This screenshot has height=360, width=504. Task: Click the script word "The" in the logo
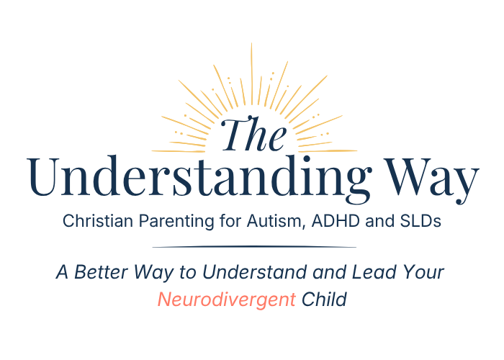tap(253, 135)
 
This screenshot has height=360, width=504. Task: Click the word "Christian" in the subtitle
tap(98, 221)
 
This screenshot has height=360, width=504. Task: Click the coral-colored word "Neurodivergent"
tap(226, 300)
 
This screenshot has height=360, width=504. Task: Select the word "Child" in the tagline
tap(324, 300)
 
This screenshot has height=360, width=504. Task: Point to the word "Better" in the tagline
tap(102, 272)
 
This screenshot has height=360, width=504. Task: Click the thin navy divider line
tap(254, 247)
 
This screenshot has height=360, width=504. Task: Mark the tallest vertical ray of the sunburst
tap(252, 73)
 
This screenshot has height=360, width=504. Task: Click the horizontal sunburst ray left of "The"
tap(179, 150)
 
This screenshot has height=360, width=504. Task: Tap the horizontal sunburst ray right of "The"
tap(328, 150)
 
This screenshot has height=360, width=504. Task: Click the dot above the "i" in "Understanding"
tap(306, 159)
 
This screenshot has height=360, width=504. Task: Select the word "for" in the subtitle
tap(230, 221)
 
